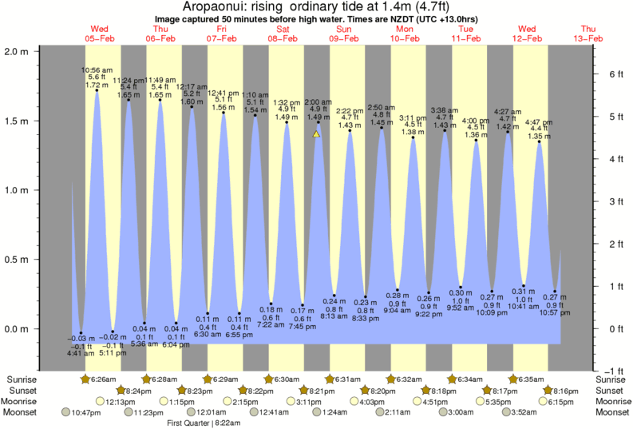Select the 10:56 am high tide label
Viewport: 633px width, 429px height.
(x=96, y=70)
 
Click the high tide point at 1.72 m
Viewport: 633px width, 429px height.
(x=97, y=90)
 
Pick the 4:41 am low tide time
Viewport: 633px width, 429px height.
(x=77, y=354)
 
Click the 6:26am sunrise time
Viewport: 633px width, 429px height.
(x=100, y=379)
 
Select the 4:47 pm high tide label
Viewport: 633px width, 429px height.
(x=539, y=122)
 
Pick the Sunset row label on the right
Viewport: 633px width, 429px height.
(x=611, y=390)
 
